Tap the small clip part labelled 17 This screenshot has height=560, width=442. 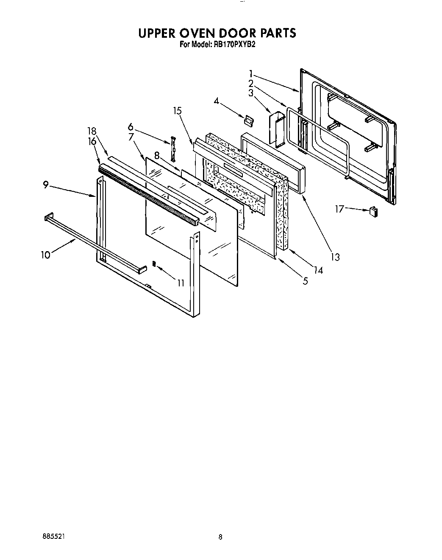373,211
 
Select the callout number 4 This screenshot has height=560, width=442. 217,101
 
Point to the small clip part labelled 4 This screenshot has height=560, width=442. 248,120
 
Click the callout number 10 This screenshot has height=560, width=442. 45,255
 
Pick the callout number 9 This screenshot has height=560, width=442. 46,185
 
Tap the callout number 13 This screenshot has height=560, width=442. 335,257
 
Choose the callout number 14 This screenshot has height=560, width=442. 317,270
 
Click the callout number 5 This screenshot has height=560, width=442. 305,280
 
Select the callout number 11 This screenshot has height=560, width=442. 181,283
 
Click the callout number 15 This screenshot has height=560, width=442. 177,111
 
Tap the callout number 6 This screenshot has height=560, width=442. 130,127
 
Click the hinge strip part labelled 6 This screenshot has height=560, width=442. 173,148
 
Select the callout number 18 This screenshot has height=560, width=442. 92,132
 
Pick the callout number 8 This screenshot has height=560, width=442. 157,156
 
